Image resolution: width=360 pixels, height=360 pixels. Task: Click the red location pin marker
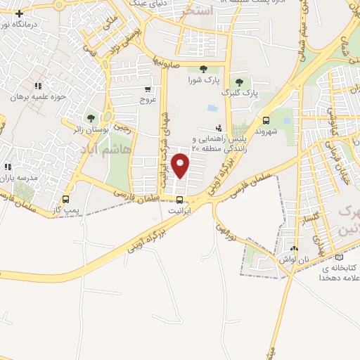point(181,166)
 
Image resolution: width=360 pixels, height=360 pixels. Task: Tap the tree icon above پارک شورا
point(203,68)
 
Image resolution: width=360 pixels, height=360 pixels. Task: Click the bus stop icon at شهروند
point(266,120)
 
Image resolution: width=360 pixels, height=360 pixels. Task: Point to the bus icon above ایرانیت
point(181,200)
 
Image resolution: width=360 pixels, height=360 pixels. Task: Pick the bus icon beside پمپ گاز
point(66,199)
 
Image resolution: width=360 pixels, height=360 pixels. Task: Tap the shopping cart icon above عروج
point(147,89)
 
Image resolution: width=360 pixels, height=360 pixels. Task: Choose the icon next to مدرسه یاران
point(8,167)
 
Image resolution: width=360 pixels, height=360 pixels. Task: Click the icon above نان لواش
point(294,248)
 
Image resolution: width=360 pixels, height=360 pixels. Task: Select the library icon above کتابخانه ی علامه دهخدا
point(341,257)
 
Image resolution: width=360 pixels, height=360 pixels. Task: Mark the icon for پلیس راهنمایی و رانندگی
point(219,128)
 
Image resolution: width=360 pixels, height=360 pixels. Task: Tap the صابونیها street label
point(169,64)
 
